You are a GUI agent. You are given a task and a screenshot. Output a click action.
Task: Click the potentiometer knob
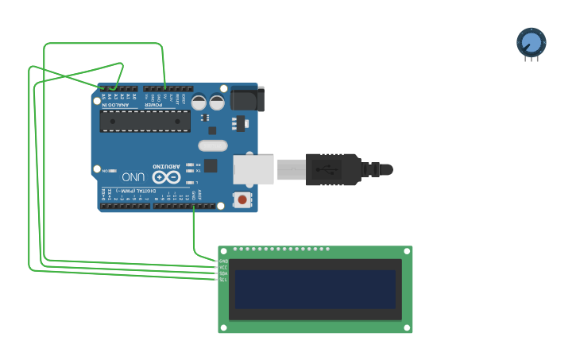tap(532, 41)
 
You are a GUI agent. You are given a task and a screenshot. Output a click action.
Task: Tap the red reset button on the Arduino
tap(242, 199)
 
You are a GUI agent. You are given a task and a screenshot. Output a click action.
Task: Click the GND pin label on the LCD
tap(223, 261)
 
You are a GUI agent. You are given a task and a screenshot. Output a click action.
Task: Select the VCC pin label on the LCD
tap(223, 268)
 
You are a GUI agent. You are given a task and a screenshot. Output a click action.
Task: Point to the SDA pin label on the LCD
tap(223, 273)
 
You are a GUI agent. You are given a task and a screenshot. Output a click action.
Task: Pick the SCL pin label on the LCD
tap(223, 280)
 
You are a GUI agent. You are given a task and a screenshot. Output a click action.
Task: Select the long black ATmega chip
tap(145, 121)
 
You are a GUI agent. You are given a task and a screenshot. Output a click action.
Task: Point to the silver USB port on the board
tap(253, 169)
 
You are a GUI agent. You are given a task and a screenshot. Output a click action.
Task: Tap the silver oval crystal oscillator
tap(212, 145)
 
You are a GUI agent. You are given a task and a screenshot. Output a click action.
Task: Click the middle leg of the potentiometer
tap(532, 59)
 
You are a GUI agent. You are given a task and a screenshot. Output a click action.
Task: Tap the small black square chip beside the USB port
tap(211, 165)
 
